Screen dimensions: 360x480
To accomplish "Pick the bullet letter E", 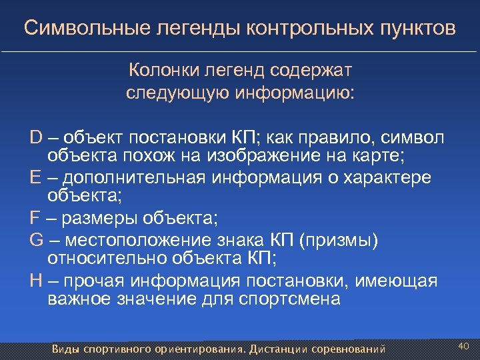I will [35, 177].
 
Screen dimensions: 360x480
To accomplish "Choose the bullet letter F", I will [35, 218].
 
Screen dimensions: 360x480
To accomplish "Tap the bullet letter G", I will [37, 239].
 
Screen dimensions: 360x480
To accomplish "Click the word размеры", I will [97, 218].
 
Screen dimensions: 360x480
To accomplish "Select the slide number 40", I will [464, 345].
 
